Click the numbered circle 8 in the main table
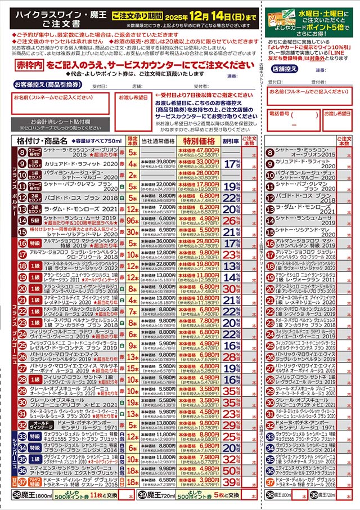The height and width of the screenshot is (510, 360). click(x=22, y=153)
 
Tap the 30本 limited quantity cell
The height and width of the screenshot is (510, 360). click(x=133, y=231)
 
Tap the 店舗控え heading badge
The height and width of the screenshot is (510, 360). click(x=284, y=69)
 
